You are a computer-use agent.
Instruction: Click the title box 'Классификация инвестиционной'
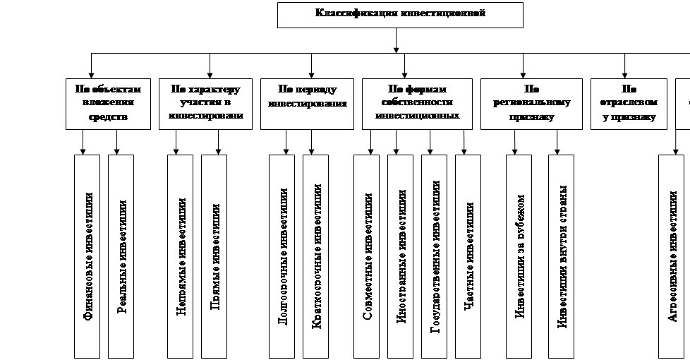(400, 15)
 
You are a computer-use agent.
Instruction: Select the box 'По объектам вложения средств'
(108, 103)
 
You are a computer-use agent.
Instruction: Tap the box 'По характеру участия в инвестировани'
(205, 103)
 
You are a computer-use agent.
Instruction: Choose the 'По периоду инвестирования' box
(307, 103)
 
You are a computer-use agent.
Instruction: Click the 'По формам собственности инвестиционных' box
(417, 103)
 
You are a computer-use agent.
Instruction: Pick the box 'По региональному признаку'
(531, 103)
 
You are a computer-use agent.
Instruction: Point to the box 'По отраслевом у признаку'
(628, 103)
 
